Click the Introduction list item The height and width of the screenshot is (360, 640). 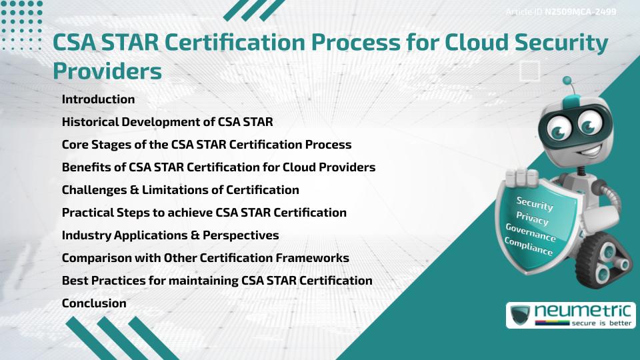click(98, 99)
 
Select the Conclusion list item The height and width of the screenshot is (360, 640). click(94, 303)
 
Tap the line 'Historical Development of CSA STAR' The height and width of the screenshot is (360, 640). click(167, 122)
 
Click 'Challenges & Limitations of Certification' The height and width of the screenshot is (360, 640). click(180, 190)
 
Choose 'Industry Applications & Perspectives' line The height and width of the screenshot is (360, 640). click(170, 235)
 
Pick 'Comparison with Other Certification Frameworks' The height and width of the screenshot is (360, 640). click(205, 258)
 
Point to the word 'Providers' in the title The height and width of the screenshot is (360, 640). click(107, 70)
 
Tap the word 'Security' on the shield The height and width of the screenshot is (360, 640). click(535, 203)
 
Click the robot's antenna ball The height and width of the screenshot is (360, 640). click(567, 81)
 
